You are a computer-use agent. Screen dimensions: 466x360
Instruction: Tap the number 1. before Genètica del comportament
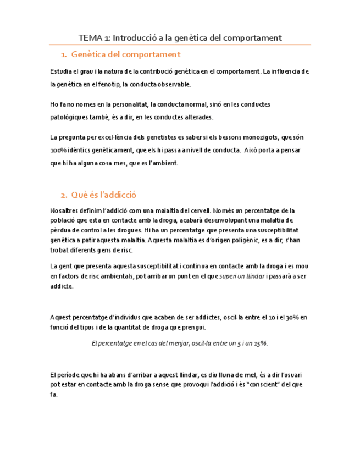point(63,54)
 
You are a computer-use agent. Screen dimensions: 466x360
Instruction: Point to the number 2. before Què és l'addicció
point(63,195)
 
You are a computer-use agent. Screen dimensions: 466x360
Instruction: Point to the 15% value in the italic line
point(260,342)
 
